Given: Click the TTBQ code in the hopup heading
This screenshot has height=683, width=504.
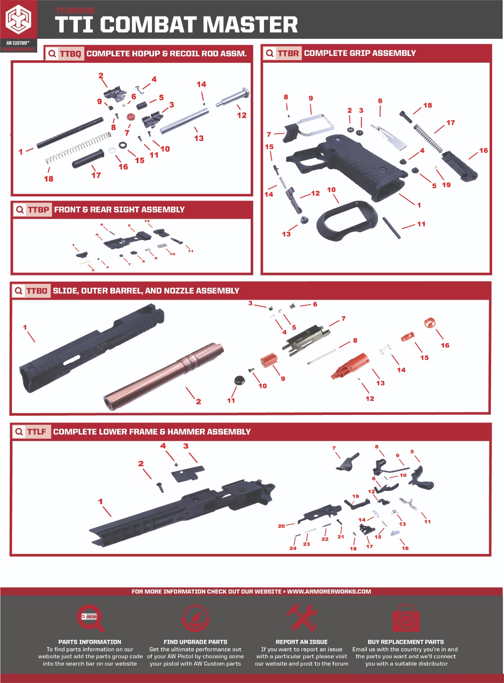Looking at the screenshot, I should click(x=70, y=54).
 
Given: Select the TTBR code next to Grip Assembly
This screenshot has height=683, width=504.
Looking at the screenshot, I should click(x=288, y=53).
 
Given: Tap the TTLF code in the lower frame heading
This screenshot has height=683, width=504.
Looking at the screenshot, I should click(x=36, y=432).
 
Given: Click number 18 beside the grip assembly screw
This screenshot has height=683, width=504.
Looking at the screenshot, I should click(x=428, y=105).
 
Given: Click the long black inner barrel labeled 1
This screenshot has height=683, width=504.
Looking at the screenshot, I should click(x=70, y=133).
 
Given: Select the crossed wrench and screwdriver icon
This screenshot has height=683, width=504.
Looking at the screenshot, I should click(x=302, y=617).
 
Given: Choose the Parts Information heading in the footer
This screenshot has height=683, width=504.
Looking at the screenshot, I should click(x=90, y=642).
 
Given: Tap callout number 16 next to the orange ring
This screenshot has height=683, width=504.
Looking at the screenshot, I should click(x=445, y=345).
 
